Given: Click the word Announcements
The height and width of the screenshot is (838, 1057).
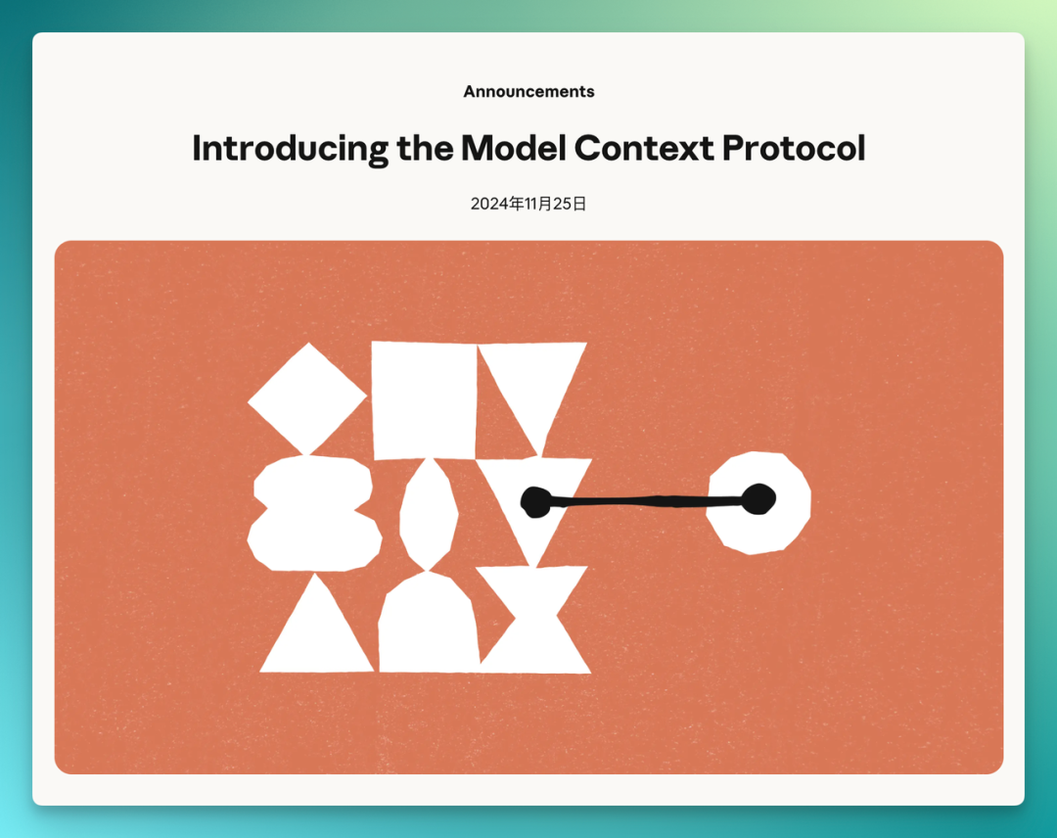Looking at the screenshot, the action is point(528,92).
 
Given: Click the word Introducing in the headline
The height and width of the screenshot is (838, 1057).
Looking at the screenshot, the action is point(290,149).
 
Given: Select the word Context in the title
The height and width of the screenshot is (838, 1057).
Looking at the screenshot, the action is point(644,148).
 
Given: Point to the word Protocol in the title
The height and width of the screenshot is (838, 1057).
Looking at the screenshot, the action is point(794,148).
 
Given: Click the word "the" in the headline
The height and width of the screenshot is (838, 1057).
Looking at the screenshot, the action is point(425,148).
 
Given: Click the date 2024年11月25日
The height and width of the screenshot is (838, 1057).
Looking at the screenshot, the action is point(528,204).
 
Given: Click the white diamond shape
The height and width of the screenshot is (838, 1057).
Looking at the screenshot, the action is point(307,399).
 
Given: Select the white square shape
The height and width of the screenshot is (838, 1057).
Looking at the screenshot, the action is point(424,399).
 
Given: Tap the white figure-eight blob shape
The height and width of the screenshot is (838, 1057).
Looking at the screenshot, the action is point(314,514).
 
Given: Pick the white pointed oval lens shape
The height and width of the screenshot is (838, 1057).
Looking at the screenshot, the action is point(429,515).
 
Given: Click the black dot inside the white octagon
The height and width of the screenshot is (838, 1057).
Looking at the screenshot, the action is point(759,499).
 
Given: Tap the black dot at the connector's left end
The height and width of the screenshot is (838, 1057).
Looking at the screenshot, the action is point(536,501).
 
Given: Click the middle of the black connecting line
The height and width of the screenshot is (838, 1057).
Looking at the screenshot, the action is point(647,501).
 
